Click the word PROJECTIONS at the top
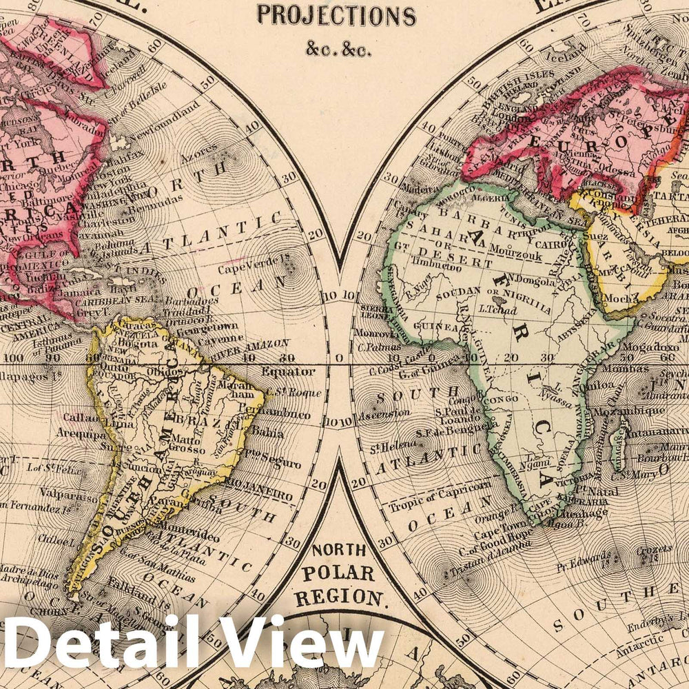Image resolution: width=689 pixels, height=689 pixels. [336, 15]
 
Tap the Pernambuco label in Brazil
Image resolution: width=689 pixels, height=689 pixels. [282, 418]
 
